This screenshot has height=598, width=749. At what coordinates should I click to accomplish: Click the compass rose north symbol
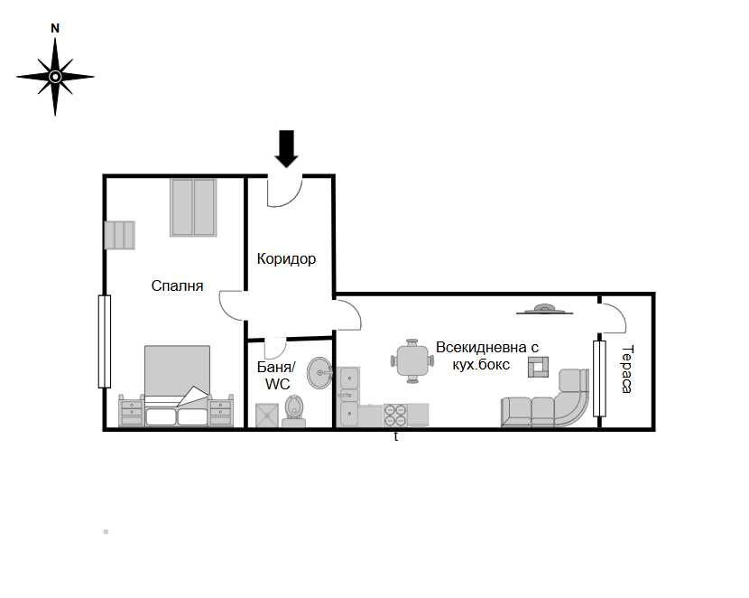(x=55, y=77)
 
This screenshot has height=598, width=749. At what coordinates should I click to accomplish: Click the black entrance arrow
(x=286, y=148)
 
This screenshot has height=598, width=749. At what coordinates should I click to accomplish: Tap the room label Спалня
(x=177, y=285)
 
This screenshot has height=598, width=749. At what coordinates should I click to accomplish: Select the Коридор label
(x=286, y=259)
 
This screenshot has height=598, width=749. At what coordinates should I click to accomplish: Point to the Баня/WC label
(x=276, y=376)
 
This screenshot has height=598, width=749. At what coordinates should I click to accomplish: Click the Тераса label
(x=626, y=369)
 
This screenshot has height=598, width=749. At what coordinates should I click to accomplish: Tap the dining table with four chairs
(x=412, y=360)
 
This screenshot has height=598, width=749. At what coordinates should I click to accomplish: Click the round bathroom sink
(x=319, y=371)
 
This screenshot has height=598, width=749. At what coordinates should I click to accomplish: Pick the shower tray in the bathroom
(x=268, y=414)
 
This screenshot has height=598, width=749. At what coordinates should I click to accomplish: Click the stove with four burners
(x=395, y=415)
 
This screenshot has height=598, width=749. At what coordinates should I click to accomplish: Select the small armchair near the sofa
(x=540, y=365)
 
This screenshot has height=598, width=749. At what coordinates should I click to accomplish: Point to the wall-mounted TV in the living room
(x=545, y=310)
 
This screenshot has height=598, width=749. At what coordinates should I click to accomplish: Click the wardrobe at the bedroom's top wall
(x=194, y=207)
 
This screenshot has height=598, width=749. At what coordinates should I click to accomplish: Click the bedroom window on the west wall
(x=104, y=341)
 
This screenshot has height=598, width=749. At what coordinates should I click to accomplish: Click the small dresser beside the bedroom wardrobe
(x=119, y=234)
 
